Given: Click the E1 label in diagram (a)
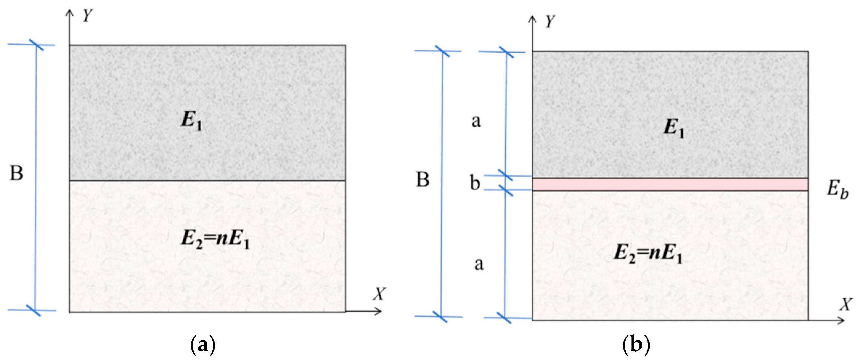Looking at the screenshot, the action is (x=191, y=120).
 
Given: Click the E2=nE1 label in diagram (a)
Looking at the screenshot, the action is (x=215, y=239).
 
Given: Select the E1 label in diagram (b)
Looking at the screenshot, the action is (x=674, y=129).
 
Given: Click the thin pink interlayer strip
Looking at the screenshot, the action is (x=670, y=184).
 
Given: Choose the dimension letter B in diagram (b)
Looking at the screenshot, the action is (x=422, y=180).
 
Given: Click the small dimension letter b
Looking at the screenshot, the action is (x=475, y=183).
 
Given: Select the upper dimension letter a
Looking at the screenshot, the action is (x=476, y=121).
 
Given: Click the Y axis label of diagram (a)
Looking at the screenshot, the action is (x=87, y=15).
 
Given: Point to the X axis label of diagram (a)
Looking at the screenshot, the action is (x=379, y=294).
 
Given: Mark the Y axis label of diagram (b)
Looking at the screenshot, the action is (x=549, y=22).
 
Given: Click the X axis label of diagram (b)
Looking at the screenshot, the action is (x=846, y=305).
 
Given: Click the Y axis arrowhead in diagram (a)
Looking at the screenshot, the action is (x=70, y=13).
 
